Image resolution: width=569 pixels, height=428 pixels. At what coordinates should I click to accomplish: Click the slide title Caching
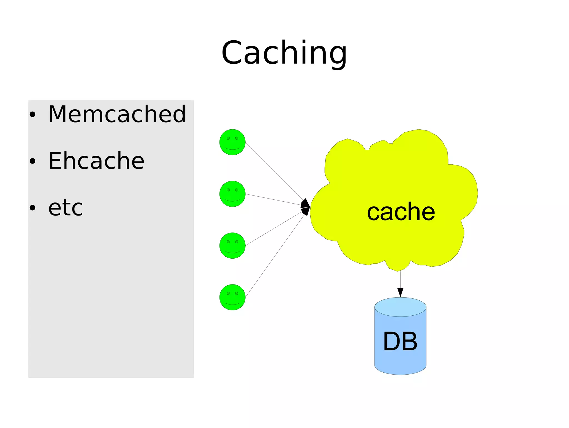pos(284,53)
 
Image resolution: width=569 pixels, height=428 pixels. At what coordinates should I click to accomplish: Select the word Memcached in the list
pos(117,114)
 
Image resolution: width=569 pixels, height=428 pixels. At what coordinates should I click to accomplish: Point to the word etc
pos(66,208)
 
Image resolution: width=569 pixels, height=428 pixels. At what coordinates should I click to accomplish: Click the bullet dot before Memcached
pos(33,115)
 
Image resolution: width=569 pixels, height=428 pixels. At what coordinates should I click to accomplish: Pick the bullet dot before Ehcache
pos(33,161)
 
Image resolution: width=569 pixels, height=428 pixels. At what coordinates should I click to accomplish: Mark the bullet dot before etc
pos(33,208)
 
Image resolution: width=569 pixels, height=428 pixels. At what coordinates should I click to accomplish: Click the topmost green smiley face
pos(232,142)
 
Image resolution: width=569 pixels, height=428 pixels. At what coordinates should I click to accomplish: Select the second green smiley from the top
pos(232,194)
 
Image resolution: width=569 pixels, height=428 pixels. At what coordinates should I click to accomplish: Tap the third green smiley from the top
pos(232,246)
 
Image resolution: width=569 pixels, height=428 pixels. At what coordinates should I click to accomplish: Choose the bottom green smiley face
pos(232,297)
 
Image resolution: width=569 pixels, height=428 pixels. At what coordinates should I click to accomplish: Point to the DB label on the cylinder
pos(400,341)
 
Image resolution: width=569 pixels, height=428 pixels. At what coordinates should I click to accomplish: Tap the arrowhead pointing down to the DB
pos(400,293)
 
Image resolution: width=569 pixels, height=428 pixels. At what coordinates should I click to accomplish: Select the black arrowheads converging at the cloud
pos(306,207)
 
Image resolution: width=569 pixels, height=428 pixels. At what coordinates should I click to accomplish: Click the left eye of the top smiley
pos(228,138)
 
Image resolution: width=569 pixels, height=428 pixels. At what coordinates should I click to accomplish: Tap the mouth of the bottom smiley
pos(232,304)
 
